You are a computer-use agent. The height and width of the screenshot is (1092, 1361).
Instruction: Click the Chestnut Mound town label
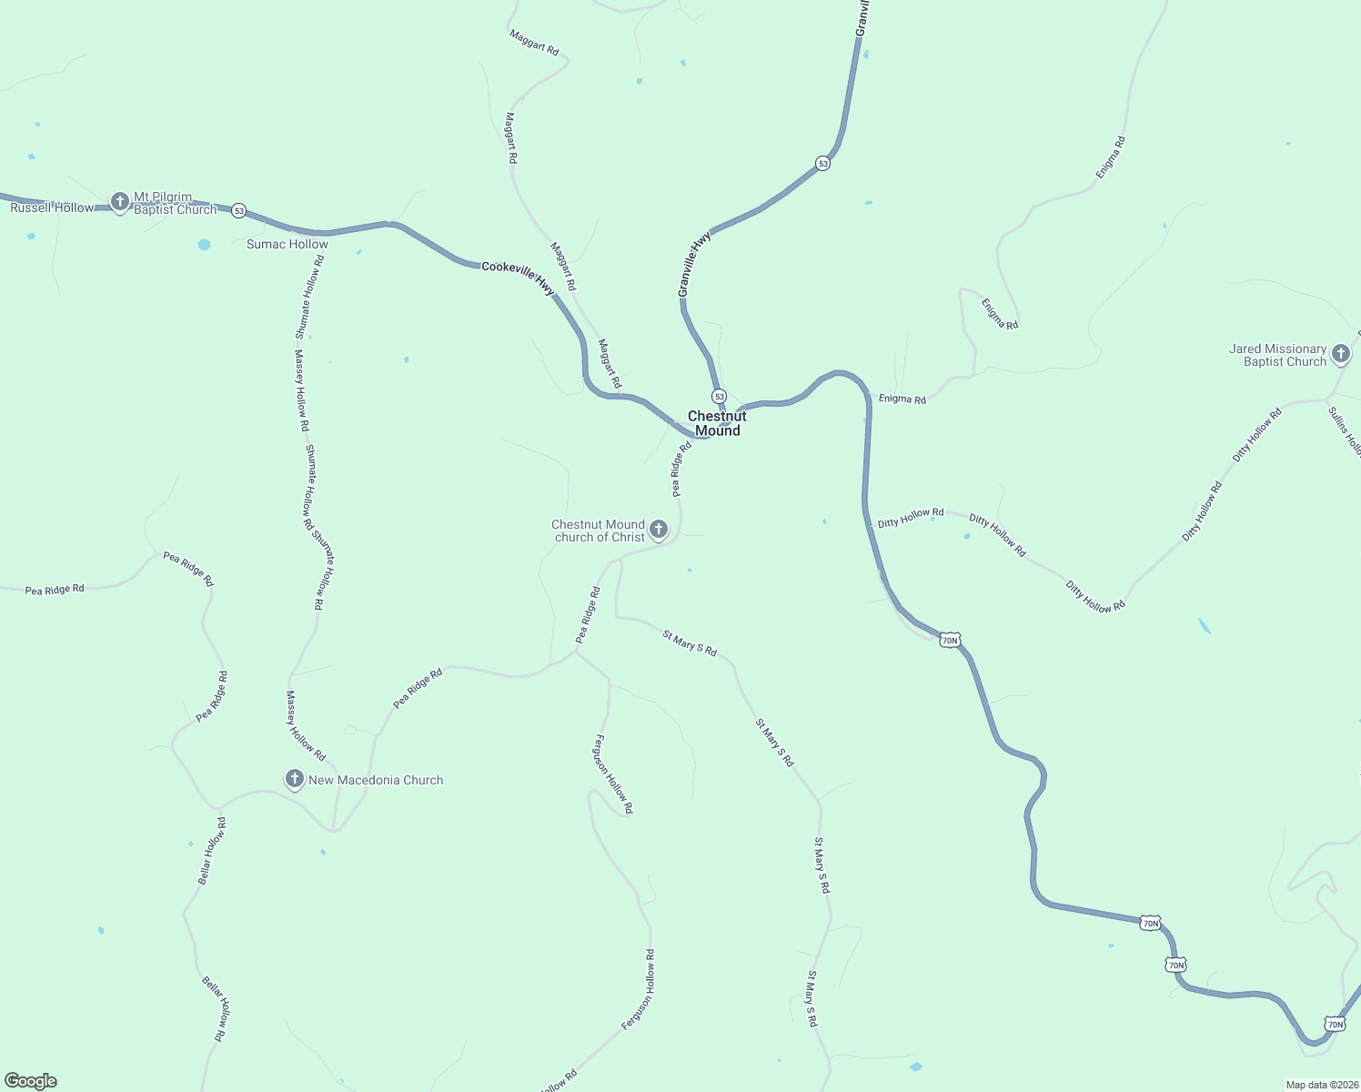pyautogui.click(x=717, y=423)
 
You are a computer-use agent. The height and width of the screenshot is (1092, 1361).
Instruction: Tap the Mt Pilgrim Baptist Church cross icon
pyautogui.click(x=119, y=201)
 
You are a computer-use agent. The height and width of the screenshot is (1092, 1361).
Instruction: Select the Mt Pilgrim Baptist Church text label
pyautogui.click(x=176, y=203)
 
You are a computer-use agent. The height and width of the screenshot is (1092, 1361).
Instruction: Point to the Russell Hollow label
pyautogui.click(x=52, y=208)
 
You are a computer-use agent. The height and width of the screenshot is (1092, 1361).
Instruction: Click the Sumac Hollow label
pyautogui.click(x=287, y=244)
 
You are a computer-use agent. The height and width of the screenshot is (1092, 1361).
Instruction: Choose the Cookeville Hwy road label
pyautogui.click(x=518, y=277)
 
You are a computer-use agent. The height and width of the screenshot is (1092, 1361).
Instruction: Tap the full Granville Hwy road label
pyautogui.click(x=695, y=264)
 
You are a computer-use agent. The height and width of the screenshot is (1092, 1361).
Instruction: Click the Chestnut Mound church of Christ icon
pyautogui.click(x=659, y=529)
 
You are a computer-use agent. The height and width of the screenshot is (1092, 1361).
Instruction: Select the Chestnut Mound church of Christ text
pyautogui.click(x=599, y=531)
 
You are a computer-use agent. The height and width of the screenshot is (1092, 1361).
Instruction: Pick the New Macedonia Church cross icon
pyautogui.click(x=294, y=779)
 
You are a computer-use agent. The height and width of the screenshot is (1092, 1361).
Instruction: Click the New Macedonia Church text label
pyautogui.click(x=376, y=780)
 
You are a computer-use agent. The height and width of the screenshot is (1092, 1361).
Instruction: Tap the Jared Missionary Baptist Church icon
pyautogui.click(x=1340, y=353)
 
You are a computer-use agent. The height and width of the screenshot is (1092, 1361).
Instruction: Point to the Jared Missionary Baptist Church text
pyautogui.click(x=1278, y=355)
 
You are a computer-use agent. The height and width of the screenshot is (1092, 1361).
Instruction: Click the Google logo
pyautogui.click(x=31, y=1081)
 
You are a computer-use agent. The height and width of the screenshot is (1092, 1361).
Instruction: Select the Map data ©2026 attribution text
pyautogui.click(x=1321, y=1085)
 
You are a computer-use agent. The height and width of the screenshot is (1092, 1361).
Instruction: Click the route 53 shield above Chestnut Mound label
pyautogui.click(x=719, y=397)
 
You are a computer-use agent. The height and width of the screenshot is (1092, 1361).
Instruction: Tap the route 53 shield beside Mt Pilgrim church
pyautogui.click(x=238, y=210)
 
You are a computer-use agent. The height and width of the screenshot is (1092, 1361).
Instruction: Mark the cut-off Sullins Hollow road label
pyautogui.click(x=1345, y=431)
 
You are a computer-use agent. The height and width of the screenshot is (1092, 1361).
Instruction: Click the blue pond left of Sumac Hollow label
pyautogui.click(x=204, y=245)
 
